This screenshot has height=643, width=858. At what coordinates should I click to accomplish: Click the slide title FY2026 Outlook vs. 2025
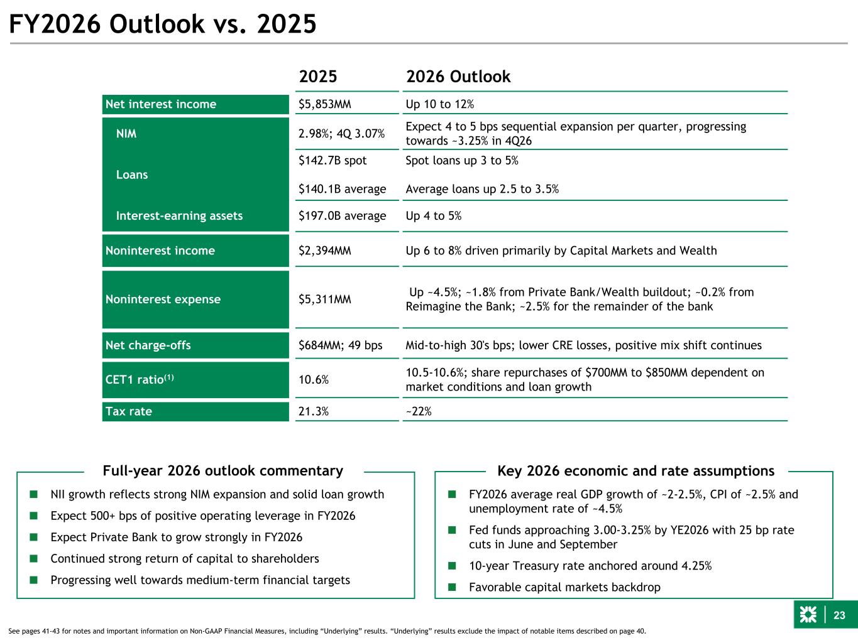162,24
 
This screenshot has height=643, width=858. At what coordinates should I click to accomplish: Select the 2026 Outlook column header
458,77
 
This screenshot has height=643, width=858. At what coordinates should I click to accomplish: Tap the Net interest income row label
161,104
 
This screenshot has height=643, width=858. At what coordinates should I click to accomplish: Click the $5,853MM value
324,104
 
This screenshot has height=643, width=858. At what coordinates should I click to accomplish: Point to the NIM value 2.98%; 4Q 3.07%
342,134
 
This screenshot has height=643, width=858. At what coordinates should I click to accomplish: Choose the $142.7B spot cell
333,160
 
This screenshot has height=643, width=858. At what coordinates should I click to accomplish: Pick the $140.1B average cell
342,189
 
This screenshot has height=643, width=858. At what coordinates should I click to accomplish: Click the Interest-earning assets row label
179,216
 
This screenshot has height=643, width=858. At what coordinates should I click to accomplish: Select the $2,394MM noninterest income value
324,251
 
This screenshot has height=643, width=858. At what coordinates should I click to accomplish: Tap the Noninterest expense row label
163,300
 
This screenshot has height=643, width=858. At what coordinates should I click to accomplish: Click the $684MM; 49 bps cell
340,345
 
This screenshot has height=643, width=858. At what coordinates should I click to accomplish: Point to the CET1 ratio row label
139,379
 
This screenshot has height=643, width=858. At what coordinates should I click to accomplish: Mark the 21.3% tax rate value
314,411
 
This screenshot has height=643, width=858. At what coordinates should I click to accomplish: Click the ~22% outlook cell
419,411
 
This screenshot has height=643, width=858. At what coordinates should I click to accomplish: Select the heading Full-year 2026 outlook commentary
223,471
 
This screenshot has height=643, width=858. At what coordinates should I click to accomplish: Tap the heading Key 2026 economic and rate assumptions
635,471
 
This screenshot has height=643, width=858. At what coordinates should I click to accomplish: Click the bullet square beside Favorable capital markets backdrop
451,588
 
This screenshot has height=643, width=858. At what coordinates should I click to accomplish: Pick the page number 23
839,615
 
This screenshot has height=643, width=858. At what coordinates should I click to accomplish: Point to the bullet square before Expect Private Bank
33,538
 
